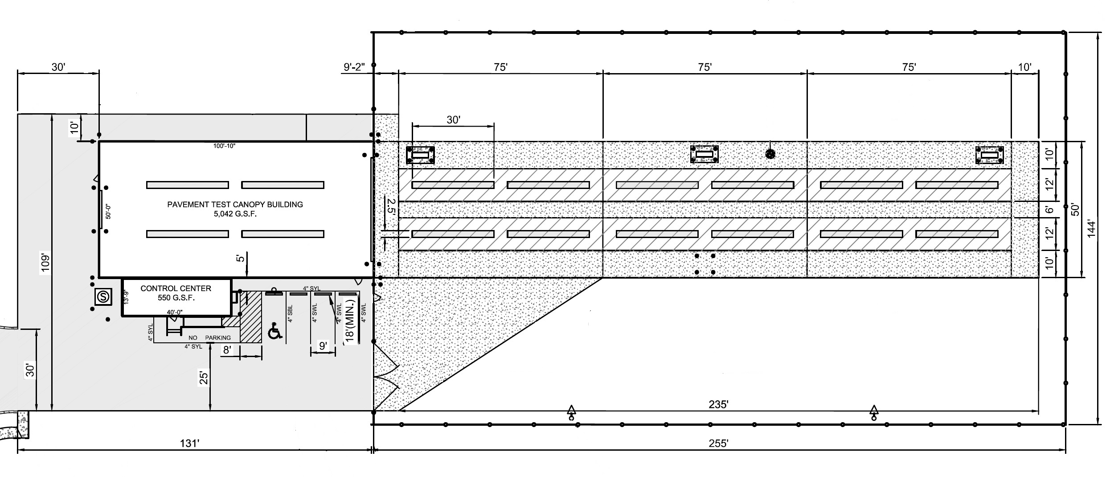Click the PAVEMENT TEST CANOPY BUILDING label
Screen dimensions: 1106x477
(235, 205)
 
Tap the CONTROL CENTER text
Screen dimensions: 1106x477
(176, 288)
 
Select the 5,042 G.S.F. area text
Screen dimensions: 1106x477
(235, 214)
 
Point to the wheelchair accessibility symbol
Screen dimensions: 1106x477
(275, 332)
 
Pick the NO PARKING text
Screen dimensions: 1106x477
(209, 338)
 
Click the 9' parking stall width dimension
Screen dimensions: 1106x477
(323, 345)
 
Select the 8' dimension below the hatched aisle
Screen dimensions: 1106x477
(227, 350)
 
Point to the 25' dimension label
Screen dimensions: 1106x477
(204, 378)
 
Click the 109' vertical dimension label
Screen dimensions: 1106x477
(45, 263)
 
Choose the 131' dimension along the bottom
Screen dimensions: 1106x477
(189, 443)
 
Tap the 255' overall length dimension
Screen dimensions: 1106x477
(718, 443)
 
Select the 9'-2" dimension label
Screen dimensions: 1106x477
(354, 67)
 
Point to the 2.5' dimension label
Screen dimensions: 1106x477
(391, 207)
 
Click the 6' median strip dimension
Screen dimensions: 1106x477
(1049, 210)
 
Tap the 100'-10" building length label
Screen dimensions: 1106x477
(224, 146)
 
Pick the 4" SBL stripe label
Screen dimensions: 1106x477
(291, 313)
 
